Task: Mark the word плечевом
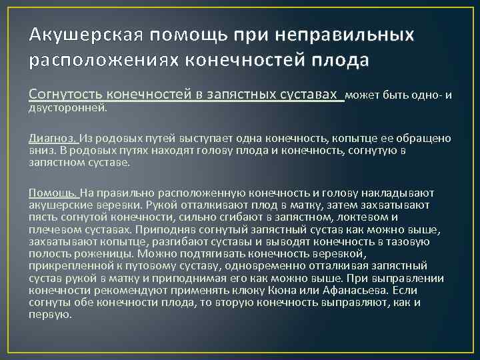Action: click(52, 229)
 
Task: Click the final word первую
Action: click(49, 314)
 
